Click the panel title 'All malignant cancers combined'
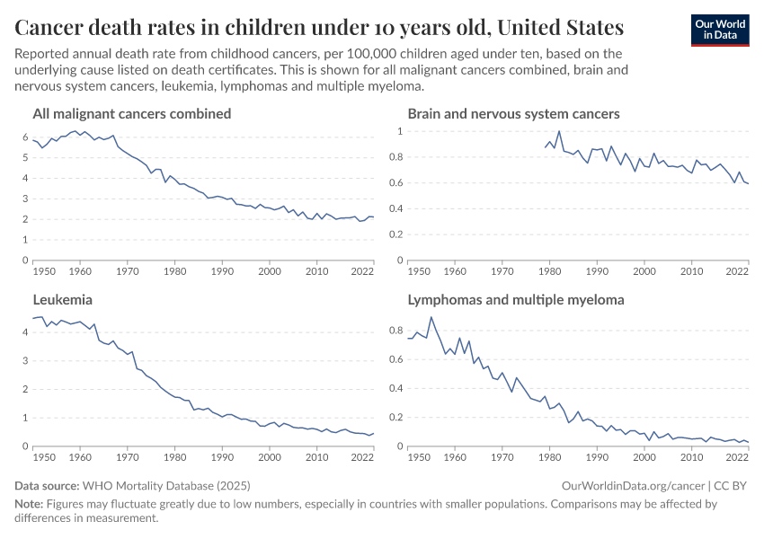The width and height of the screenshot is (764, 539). click(132, 114)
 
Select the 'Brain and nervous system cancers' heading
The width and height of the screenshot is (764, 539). click(513, 114)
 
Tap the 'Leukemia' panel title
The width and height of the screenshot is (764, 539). click(63, 300)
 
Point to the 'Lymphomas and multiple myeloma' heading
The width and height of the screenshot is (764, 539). click(516, 300)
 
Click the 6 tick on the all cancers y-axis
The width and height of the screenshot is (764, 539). click(25, 137)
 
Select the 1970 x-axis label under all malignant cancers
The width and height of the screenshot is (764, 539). click(127, 270)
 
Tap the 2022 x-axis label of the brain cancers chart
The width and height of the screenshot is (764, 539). click(737, 270)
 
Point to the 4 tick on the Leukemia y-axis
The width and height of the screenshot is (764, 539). click(25, 332)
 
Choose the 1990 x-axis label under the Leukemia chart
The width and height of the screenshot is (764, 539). click(221, 456)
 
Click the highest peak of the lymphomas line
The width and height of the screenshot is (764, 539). click(431, 317)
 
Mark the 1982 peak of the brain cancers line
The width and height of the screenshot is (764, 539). click(559, 132)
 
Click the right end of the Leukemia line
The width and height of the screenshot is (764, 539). click(373, 433)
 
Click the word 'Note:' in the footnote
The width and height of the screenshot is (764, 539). click(31, 504)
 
